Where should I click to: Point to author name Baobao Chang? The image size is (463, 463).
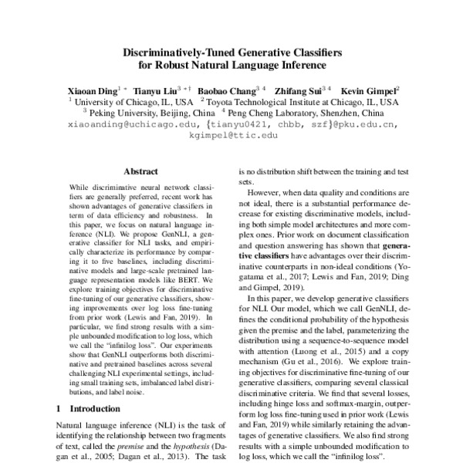pos(231,90)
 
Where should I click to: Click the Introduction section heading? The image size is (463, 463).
pos(90,407)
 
